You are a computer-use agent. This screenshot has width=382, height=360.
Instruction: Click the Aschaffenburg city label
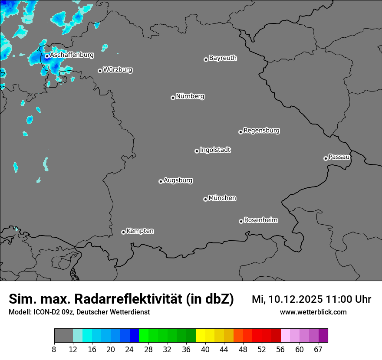[72, 55]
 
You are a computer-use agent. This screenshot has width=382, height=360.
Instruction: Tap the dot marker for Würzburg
[100, 71]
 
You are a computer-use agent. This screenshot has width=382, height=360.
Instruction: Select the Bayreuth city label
[223, 58]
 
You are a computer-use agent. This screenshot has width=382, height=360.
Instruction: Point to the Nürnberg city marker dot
[173, 98]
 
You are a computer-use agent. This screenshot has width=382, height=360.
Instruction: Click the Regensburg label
[261, 130]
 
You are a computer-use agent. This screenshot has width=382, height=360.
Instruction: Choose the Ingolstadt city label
[215, 150]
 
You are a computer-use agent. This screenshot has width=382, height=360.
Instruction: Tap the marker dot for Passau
[326, 158]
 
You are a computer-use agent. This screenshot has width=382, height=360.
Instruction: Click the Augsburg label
[178, 180]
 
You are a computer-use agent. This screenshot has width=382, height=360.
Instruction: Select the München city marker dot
[205, 200]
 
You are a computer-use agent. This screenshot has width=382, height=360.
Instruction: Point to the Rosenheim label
[260, 220]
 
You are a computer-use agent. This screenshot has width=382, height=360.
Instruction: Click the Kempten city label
[140, 231]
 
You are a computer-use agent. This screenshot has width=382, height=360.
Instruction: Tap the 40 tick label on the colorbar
[205, 350]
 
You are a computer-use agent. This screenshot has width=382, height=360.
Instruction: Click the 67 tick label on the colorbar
[318, 350]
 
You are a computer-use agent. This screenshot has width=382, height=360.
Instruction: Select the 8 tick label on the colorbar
[54, 350]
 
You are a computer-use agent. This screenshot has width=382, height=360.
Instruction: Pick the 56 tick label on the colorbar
[280, 350]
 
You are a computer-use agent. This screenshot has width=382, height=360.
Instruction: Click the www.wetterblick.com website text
[313, 312]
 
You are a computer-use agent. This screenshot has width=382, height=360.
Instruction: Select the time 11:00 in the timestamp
[342, 299]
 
